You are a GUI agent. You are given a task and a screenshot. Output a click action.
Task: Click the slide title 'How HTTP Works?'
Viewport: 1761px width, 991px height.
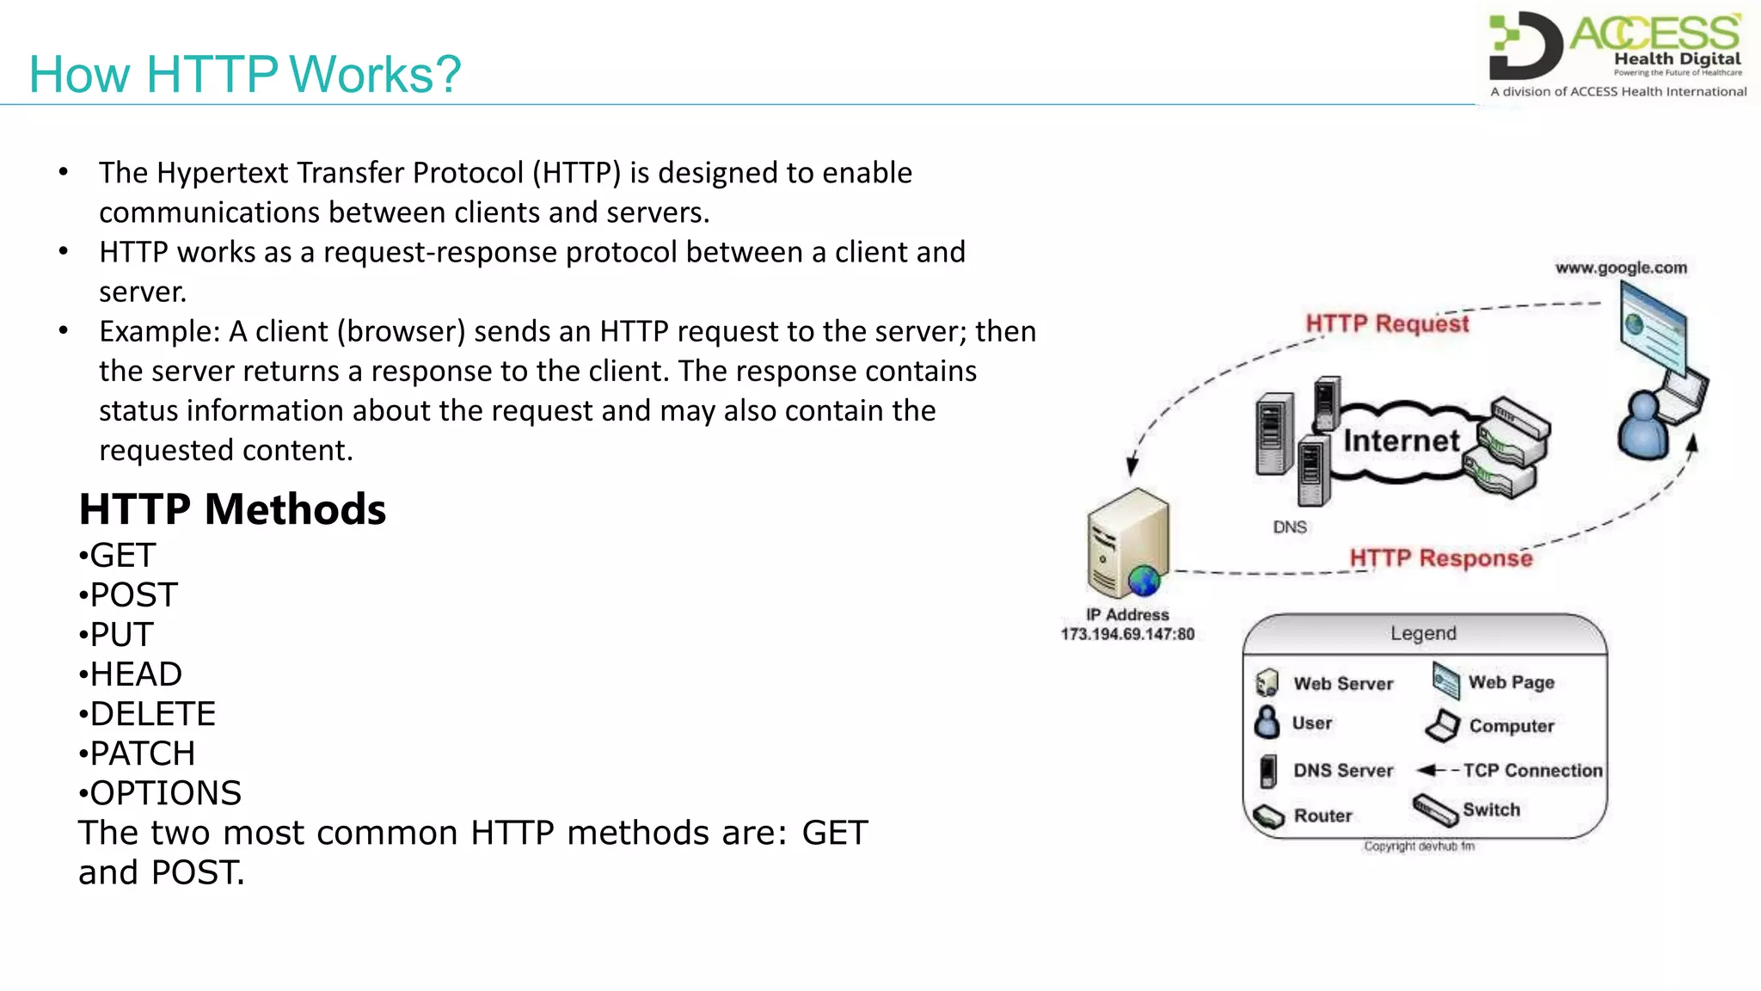(245, 75)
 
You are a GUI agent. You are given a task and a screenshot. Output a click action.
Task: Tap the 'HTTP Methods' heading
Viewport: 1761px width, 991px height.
(232, 509)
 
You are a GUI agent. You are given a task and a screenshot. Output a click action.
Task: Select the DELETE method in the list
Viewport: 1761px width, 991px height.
(152, 714)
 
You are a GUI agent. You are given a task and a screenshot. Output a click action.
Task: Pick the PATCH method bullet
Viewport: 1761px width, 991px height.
(142, 754)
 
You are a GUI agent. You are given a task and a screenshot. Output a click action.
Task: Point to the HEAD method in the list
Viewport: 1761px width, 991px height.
(136, 674)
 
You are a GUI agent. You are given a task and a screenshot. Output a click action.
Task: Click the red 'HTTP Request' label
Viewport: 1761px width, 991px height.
(1387, 323)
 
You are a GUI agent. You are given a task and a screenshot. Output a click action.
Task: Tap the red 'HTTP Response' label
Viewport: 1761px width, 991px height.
(1440, 558)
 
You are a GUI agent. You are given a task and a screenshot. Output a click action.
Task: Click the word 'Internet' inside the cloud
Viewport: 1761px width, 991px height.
(1402, 441)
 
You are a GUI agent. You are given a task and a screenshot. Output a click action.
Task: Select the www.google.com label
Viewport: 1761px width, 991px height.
(1621, 268)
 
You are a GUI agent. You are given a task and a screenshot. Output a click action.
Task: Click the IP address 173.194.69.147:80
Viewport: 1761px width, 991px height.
(1127, 635)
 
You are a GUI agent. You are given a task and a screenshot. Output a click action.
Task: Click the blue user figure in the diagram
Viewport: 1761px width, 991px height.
(1643, 426)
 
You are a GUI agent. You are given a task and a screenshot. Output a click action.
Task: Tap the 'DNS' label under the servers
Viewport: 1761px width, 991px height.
(1290, 527)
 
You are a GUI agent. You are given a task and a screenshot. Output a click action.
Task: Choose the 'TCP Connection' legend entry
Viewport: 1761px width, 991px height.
(1532, 771)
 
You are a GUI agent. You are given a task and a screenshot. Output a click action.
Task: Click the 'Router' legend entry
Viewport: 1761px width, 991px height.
(1322, 816)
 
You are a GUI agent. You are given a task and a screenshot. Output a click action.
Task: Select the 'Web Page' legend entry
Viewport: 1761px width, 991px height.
(1511, 682)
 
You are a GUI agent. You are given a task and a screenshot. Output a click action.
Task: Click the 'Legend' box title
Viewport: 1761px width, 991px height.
(1423, 634)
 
